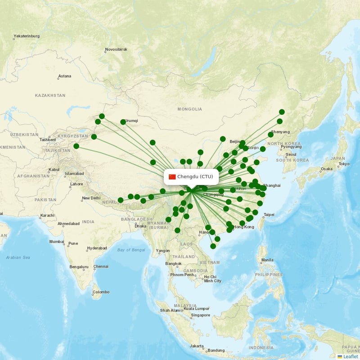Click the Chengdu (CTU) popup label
[x=195, y=176]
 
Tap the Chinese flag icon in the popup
[x=172, y=176]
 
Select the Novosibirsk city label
[x=116, y=49]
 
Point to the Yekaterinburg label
[x=27, y=36]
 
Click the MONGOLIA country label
[x=189, y=109]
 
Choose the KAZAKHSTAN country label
[x=50, y=95]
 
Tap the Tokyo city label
[x=344, y=164]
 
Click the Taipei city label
[x=269, y=215]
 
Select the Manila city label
[x=267, y=260]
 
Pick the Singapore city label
[x=200, y=315]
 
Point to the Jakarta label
[x=197, y=346]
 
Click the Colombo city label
[x=101, y=292]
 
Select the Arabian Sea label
[x=18, y=257]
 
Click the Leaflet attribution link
[x=350, y=356]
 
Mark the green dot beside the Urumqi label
[x=123, y=122]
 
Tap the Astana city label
[x=64, y=76]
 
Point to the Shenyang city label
[x=280, y=132]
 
